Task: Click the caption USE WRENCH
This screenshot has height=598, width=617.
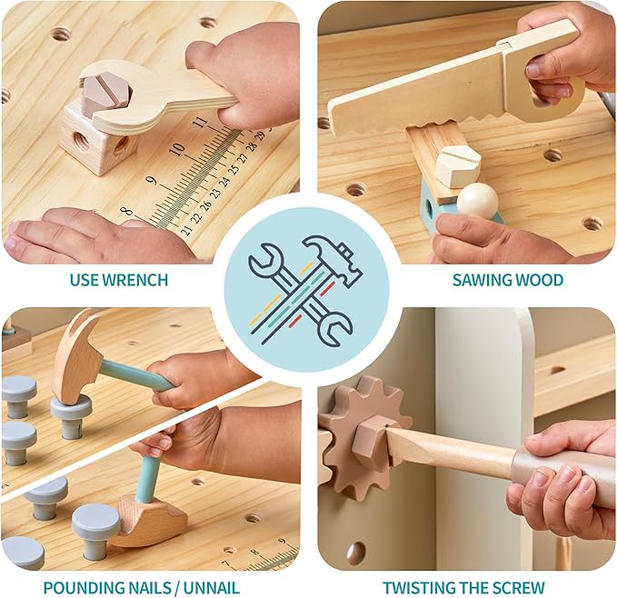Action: (x=118, y=279)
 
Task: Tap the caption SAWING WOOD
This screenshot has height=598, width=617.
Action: (x=507, y=279)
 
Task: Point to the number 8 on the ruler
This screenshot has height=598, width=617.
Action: (x=126, y=212)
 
